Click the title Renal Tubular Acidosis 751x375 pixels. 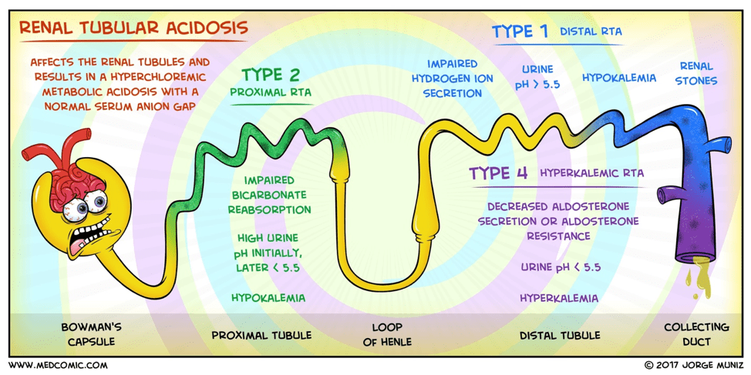click(133, 28)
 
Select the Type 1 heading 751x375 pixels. click(520, 32)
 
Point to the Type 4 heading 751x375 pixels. click(498, 172)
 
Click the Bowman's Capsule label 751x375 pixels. click(91, 333)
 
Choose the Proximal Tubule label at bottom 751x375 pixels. click(261, 335)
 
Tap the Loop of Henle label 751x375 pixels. click(386, 334)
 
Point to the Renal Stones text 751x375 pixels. click(697, 73)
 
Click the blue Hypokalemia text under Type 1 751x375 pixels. click(619, 78)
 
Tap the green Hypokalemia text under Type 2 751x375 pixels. click(268, 298)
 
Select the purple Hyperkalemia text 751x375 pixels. click(559, 298)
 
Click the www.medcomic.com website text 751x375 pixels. click(58, 365)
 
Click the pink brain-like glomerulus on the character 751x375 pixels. click(73, 177)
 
